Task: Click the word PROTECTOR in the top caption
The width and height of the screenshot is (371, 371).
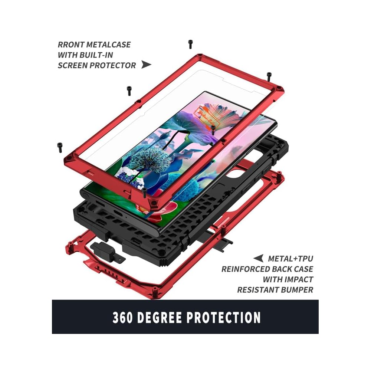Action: (115, 65)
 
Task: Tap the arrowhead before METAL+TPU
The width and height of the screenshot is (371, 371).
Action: (258, 258)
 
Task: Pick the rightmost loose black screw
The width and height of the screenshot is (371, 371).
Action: (269, 76)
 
